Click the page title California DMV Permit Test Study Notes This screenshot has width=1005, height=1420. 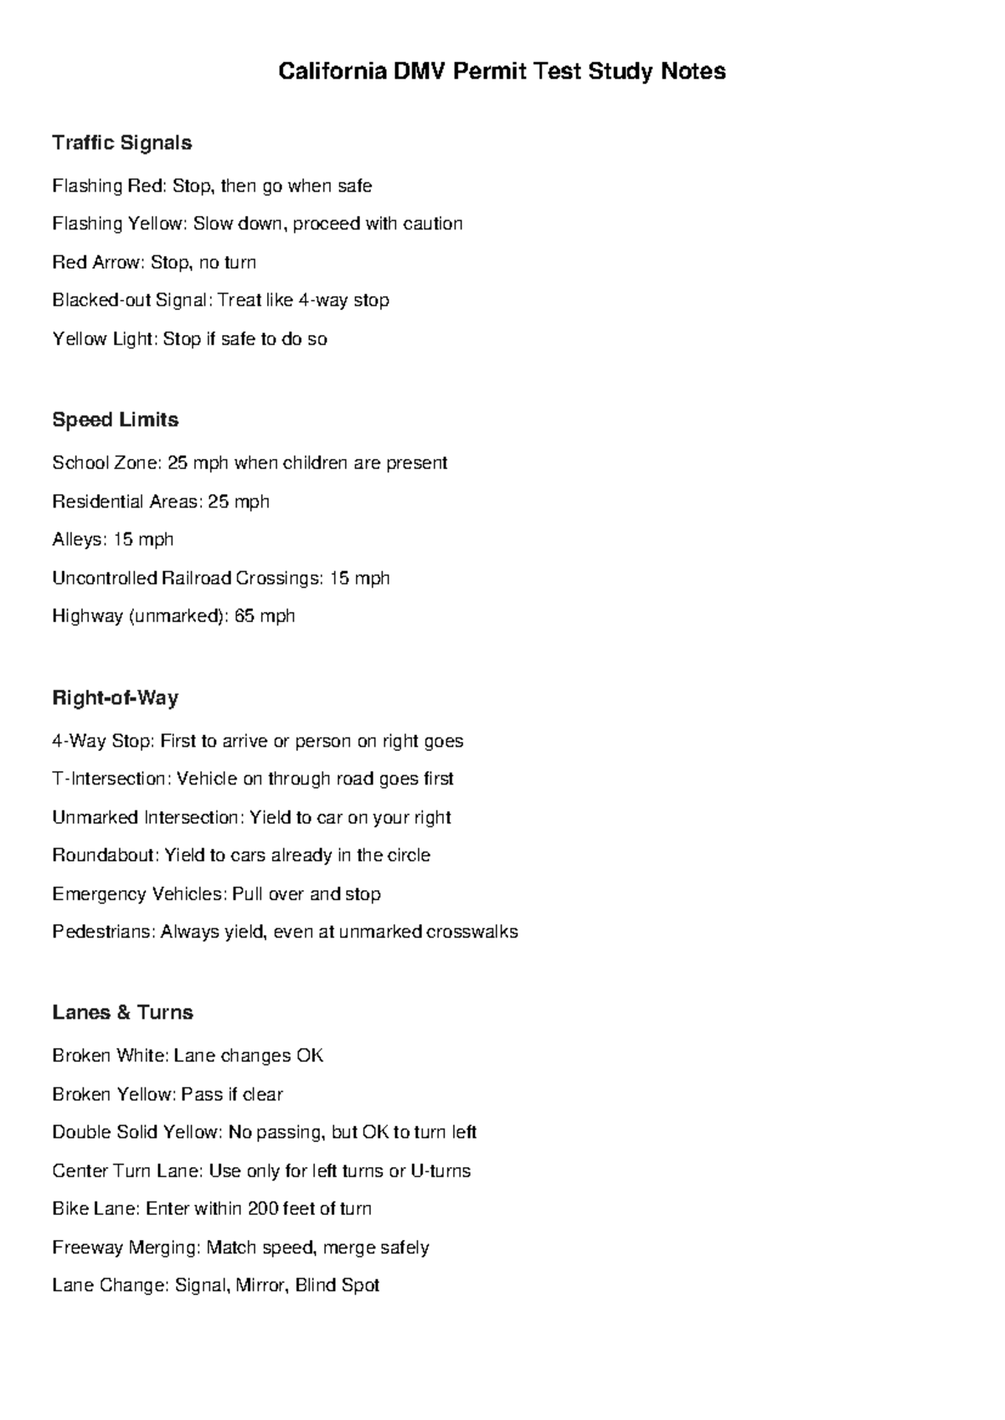[x=502, y=72]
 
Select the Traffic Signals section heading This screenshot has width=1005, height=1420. [x=122, y=143]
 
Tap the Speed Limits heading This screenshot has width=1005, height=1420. [x=116, y=419]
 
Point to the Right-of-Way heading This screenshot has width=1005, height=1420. [x=116, y=697]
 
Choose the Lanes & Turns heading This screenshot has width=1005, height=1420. [x=122, y=1012]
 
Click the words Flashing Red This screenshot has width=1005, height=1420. [x=108, y=186]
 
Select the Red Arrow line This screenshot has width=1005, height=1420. [x=154, y=263]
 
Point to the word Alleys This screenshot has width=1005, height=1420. [x=77, y=539]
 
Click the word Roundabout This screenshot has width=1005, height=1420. [x=104, y=856]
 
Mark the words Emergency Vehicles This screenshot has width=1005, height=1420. [x=138, y=894]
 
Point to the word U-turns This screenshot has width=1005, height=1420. [x=441, y=1170]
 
